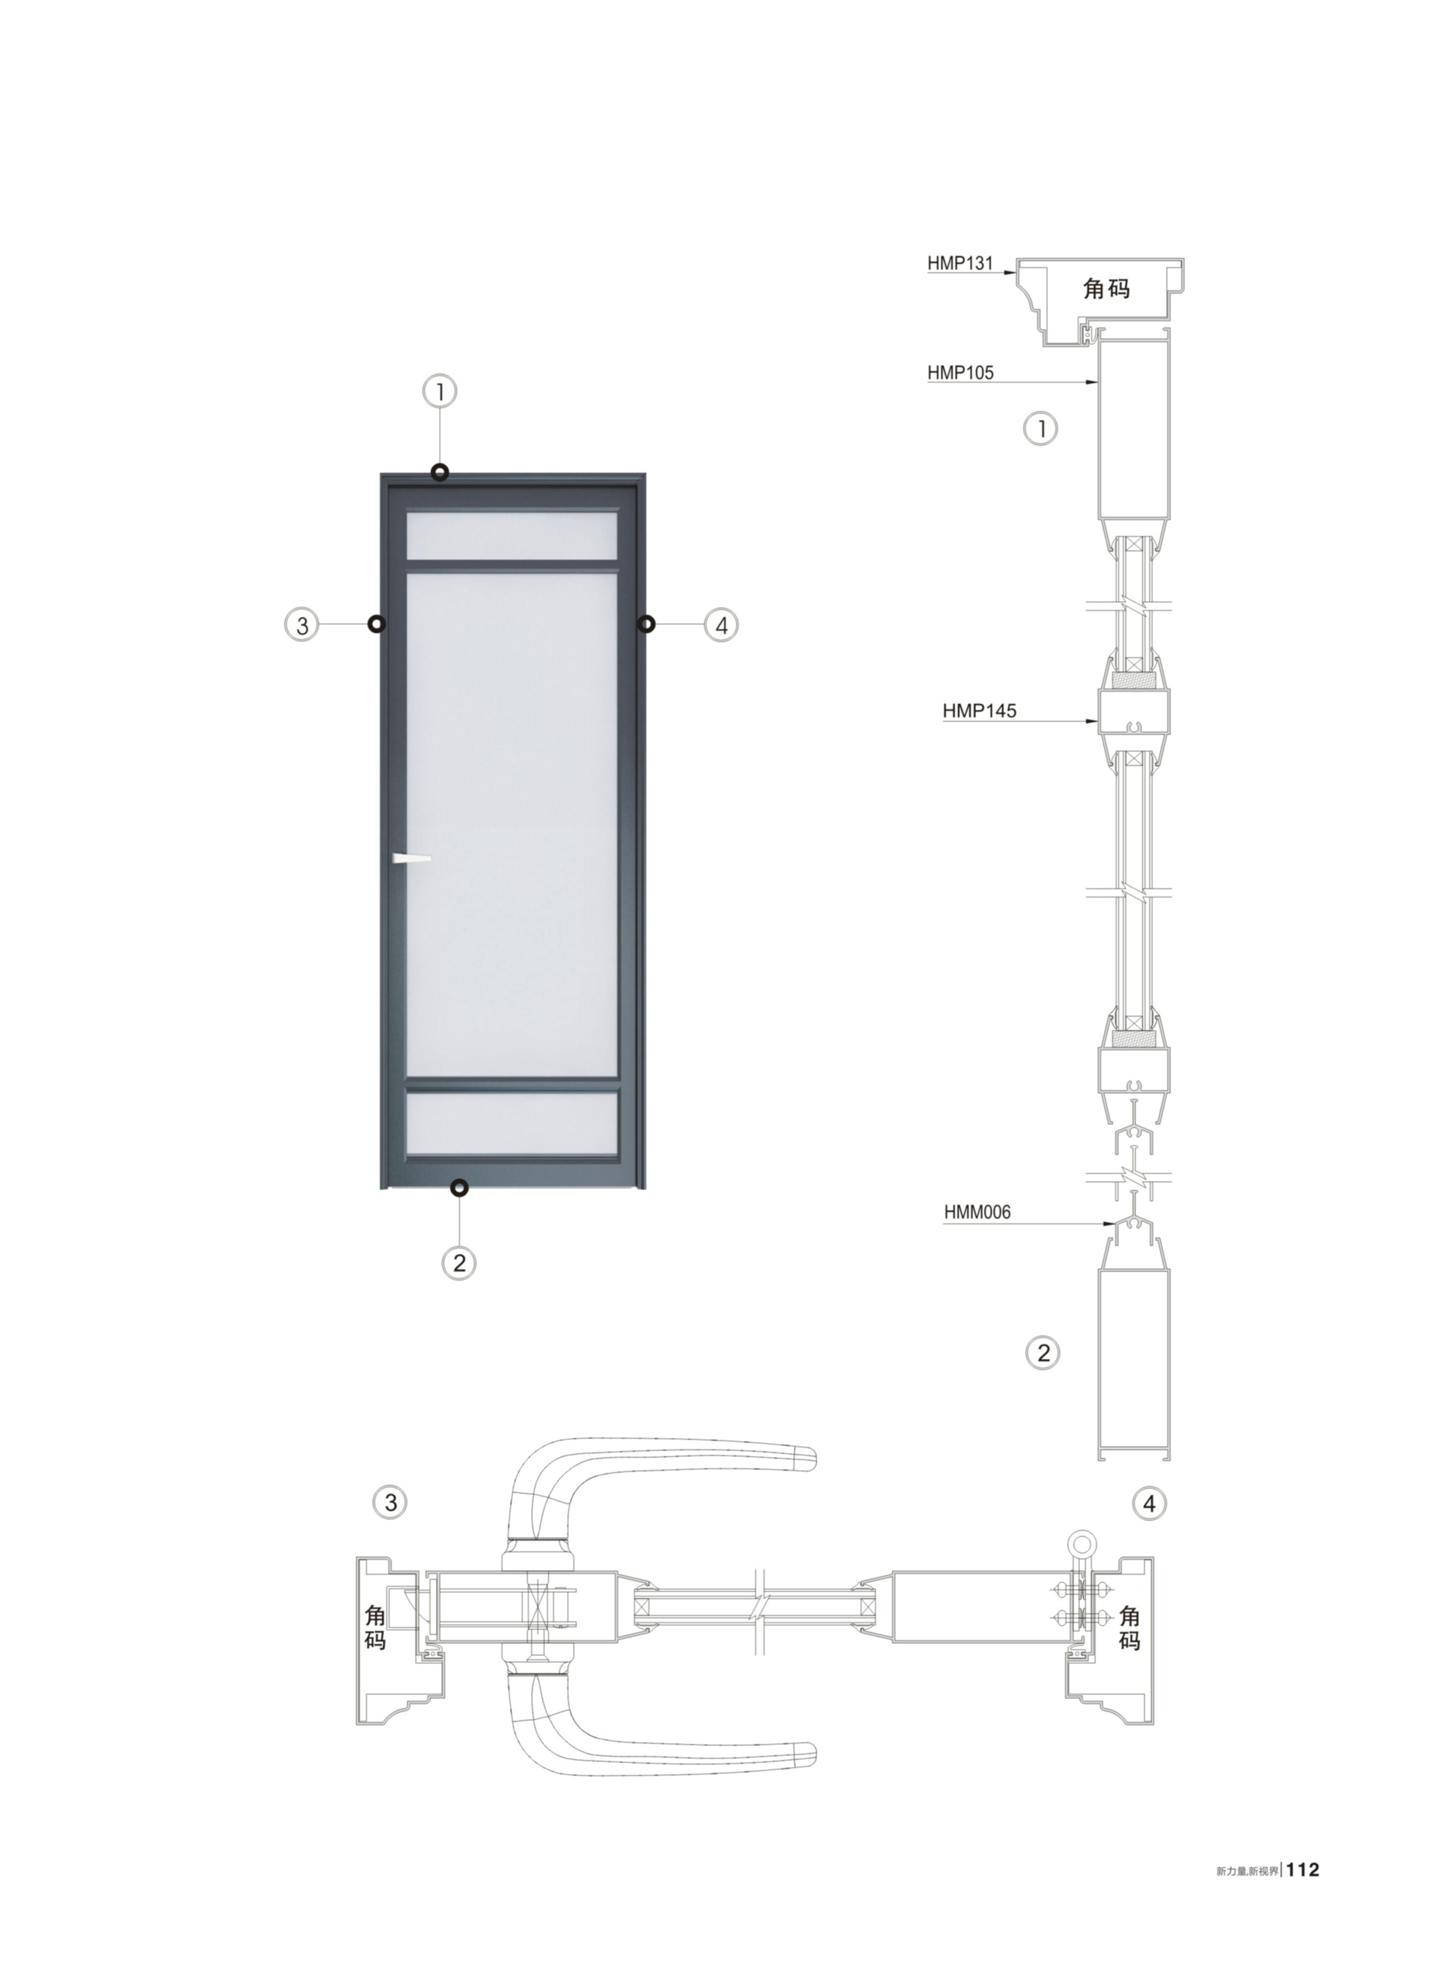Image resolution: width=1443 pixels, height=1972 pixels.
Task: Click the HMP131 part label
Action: tap(960, 263)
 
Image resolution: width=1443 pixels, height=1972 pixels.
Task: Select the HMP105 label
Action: tap(960, 373)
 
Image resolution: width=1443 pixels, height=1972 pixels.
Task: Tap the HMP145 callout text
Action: tap(979, 711)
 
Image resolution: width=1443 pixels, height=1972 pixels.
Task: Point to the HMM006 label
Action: tap(977, 1212)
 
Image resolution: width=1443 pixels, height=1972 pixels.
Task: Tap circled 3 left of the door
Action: tap(302, 625)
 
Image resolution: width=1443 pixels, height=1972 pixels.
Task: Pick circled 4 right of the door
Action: tap(720, 625)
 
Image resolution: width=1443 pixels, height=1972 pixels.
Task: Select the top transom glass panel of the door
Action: tap(513, 535)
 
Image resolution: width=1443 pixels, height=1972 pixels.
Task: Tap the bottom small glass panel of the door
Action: tap(513, 1123)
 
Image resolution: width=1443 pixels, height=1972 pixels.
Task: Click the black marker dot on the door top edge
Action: tap(440, 473)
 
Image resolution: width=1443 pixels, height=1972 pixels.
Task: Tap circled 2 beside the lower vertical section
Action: tap(1042, 1353)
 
